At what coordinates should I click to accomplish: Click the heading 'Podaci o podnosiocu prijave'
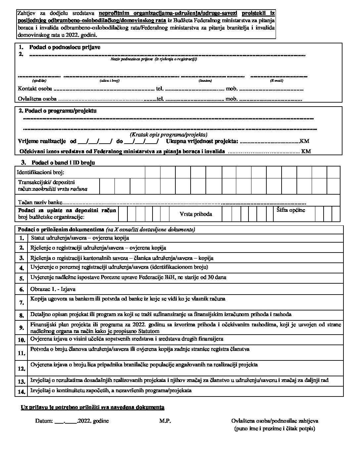(65, 47)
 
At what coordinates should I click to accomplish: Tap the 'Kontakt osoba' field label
(35, 89)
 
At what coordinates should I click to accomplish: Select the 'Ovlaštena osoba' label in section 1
(37, 99)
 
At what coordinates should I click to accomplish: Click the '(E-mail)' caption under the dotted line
(276, 81)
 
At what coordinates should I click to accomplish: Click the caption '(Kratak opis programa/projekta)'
(168, 135)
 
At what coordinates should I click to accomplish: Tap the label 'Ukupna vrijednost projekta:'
(202, 141)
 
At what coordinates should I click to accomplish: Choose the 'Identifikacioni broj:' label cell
(40, 172)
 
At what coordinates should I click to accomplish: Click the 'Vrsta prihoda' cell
(196, 214)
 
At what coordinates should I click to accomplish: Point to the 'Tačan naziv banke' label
(40, 202)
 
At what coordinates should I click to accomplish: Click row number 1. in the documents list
(22, 238)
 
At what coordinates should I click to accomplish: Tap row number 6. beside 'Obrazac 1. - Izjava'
(22, 290)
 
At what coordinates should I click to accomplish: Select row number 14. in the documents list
(22, 392)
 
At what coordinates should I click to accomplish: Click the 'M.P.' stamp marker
(165, 421)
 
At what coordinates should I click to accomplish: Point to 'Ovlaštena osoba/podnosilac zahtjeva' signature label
(275, 421)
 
